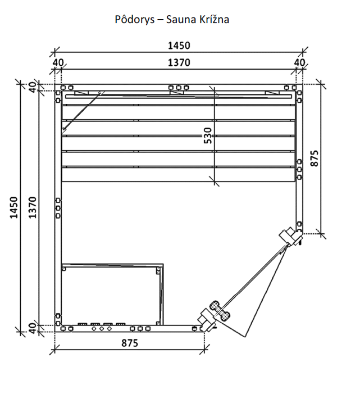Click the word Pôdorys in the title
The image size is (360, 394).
point(135,20)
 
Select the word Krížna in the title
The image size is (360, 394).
point(214,20)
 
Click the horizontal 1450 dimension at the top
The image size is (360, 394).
point(179,46)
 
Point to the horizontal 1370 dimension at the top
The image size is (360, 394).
point(179,62)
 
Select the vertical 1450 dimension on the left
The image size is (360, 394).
point(14,207)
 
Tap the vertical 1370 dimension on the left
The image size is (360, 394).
point(33,207)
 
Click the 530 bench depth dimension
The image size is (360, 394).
point(208,135)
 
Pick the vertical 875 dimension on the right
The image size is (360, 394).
point(315,158)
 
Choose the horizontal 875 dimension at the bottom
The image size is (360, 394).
point(130,343)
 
